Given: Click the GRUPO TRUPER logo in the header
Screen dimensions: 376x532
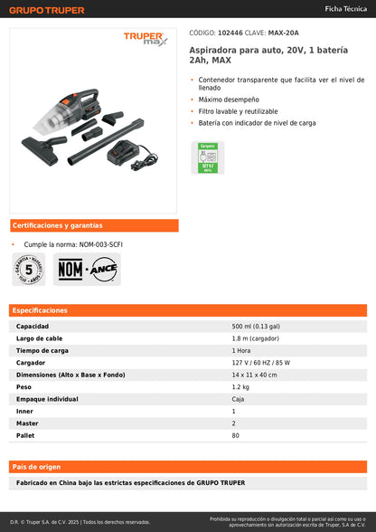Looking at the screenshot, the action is coord(47,10).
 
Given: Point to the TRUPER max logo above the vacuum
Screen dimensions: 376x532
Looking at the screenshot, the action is coord(146,39).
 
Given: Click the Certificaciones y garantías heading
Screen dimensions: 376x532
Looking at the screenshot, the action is coord(57,225).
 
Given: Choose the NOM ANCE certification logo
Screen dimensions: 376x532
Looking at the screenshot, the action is coord(89,269).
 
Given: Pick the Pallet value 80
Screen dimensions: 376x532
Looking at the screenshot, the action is coord(236,435).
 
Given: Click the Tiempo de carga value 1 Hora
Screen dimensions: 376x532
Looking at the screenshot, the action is coord(241,350).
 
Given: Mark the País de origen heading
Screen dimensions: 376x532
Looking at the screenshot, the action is coord(37,467).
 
